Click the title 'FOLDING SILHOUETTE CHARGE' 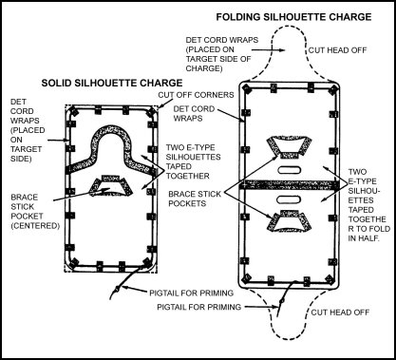pyautogui.click(x=293, y=17)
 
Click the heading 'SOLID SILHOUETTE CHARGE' pyautogui.click(x=112, y=83)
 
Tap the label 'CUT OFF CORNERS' pyautogui.click(x=196, y=95)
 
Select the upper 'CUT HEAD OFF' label pyautogui.click(x=337, y=50)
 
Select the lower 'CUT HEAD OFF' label pyautogui.click(x=340, y=313)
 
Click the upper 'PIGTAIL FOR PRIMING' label pyautogui.click(x=191, y=294)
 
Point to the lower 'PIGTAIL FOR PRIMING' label pyautogui.click(x=199, y=307)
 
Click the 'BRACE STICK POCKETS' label pyautogui.click(x=195, y=199)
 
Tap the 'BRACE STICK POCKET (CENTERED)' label pyautogui.click(x=35, y=212)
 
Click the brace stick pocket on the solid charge pyautogui.click(x=111, y=185)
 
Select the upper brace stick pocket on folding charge pyautogui.click(x=288, y=147)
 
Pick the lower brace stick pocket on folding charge pyautogui.click(x=289, y=221)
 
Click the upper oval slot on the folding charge pyautogui.click(x=289, y=170)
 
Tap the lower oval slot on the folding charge pyautogui.click(x=289, y=199)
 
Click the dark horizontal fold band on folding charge pyautogui.click(x=289, y=184)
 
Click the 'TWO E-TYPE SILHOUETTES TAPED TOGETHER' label pyautogui.click(x=194, y=161)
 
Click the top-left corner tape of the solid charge pyautogui.click(x=74, y=111)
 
